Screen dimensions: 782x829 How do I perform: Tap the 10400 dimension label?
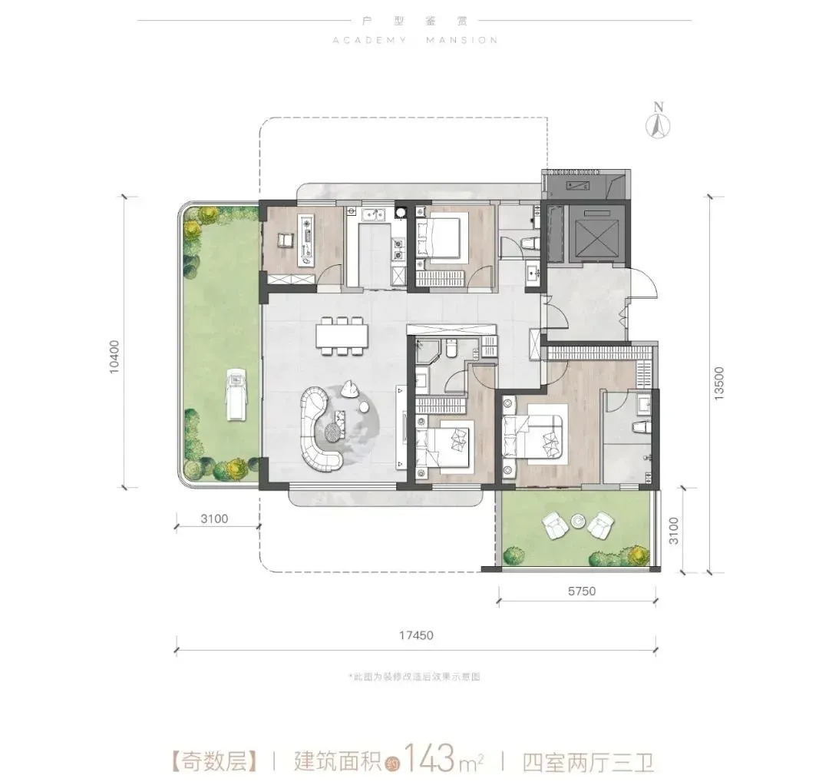coord(114,357)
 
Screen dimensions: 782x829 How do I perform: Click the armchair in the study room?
coord(285,240)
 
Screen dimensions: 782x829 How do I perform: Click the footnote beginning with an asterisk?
coord(414,677)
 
